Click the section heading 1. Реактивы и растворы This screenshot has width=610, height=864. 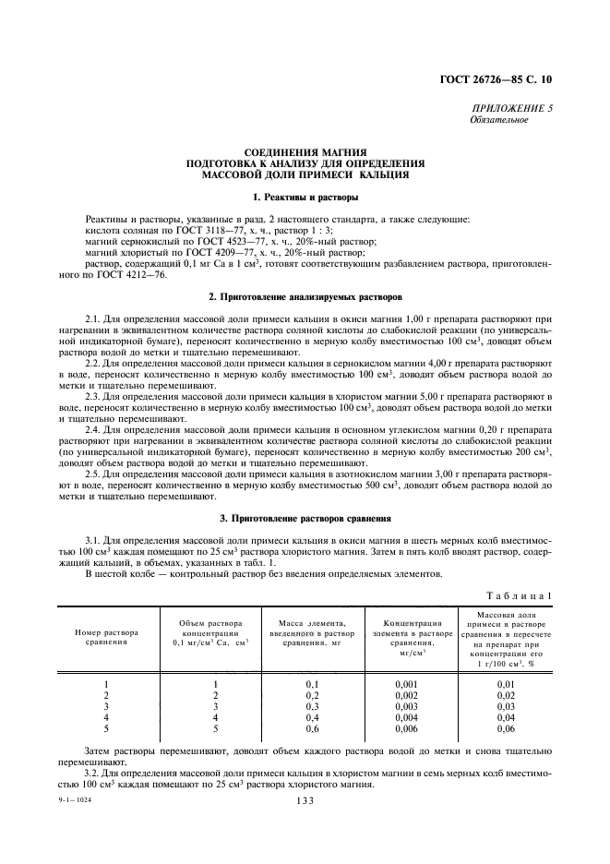coord(305,198)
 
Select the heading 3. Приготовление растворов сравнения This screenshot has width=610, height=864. coord(305,520)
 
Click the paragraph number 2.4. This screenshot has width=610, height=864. coord(94,432)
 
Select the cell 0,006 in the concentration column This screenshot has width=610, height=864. coord(407,729)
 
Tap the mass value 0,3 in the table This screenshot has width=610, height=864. coord(311,706)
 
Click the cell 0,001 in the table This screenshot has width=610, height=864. coord(407,683)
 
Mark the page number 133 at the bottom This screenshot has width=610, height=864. coord(305,801)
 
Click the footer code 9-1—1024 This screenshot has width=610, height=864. coord(75,800)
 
